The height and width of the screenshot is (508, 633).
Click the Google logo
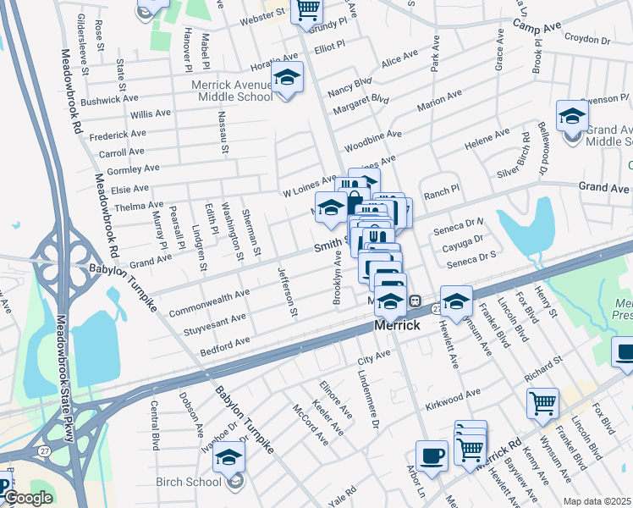pyautogui.click(x=28, y=498)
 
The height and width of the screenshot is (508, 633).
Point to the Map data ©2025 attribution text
pyautogui.click(x=597, y=501)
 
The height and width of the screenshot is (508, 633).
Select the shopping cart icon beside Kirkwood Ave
pyautogui.click(x=542, y=402)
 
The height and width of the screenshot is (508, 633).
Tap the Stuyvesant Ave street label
pyautogui.click(x=216, y=323)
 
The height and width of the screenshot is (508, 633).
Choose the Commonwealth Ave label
pyautogui.click(x=209, y=302)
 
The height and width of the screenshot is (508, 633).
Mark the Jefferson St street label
pyautogui.click(x=288, y=292)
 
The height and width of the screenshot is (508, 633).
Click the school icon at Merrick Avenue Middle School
pyautogui.click(x=288, y=79)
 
